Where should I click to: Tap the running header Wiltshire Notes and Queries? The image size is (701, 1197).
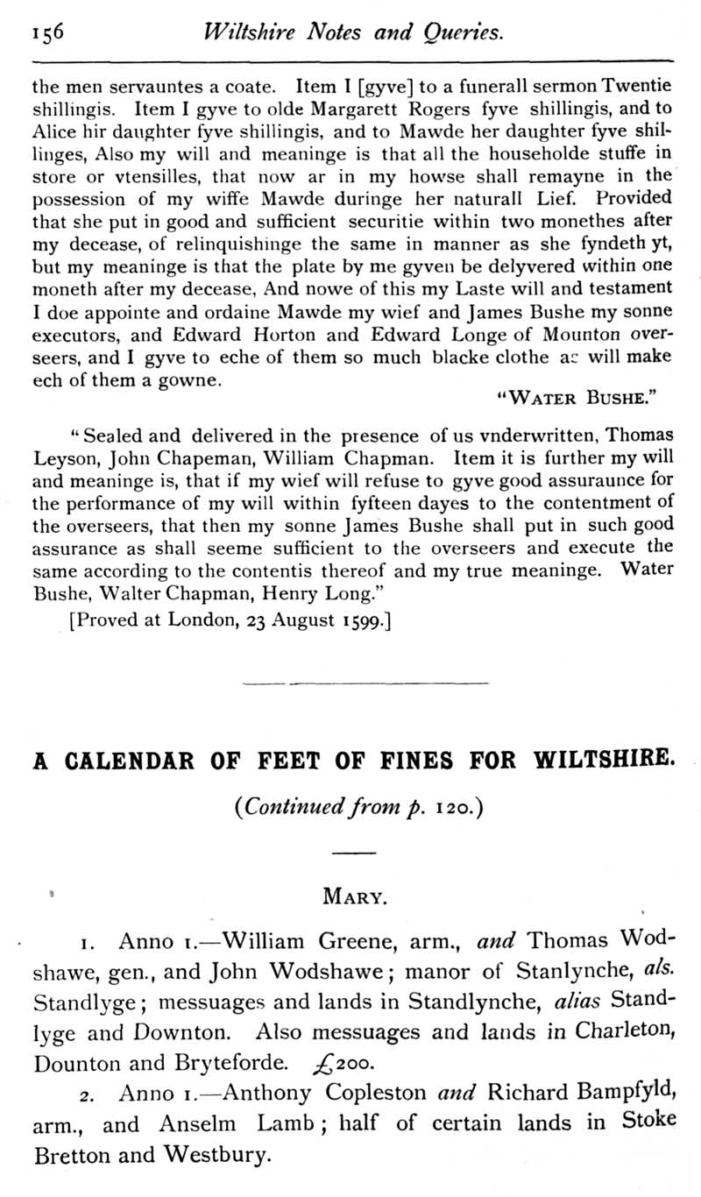coord(352,33)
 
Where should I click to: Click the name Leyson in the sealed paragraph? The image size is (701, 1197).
coord(63,457)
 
